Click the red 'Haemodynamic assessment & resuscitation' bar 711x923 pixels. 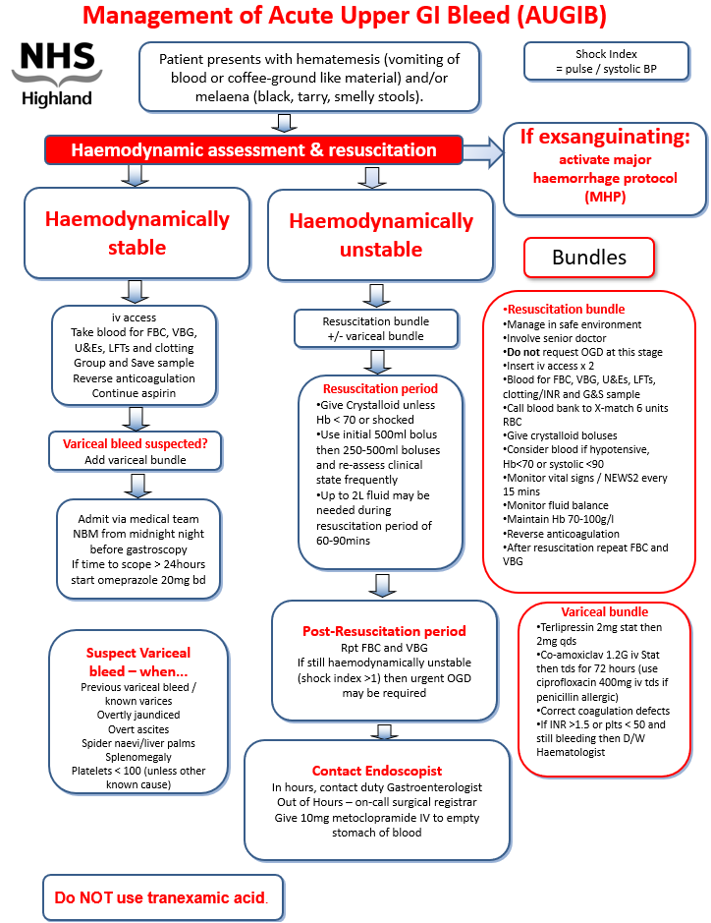click(253, 150)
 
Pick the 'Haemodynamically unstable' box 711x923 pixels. click(380, 235)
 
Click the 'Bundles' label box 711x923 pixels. click(588, 258)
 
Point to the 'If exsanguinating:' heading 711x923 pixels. click(605, 136)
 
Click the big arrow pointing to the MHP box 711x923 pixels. click(481, 150)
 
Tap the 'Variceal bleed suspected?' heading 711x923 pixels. click(137, 443)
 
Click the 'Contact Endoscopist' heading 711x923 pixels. click(377, 771)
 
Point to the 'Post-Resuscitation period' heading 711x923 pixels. click(385, 630)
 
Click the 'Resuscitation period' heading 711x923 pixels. click(379, 388)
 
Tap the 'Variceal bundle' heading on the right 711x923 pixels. click(604, 611)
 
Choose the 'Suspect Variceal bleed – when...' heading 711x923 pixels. click(138, 661)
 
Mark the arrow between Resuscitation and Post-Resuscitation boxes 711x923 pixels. click(380, 586)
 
